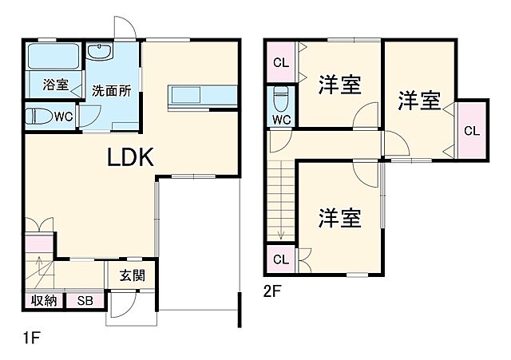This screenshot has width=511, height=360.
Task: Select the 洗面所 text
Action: coord(110,89)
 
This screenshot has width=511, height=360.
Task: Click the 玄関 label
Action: coord(132,276)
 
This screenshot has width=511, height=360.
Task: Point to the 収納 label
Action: coord(44,301)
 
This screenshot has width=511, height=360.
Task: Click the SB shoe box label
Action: coord(84,301)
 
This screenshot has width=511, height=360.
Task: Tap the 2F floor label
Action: coord(272,291)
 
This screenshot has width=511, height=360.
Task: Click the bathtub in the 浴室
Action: coord(52,57)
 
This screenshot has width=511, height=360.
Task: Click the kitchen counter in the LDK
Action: coord(203,94)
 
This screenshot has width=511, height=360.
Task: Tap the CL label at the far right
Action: coord(471,131)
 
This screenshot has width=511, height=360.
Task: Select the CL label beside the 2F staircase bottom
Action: coord(280,259)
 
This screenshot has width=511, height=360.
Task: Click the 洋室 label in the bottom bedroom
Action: coord(340,217)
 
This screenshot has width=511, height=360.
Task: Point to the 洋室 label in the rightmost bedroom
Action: coord(419,101)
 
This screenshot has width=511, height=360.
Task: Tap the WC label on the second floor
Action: coord(281,121)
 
